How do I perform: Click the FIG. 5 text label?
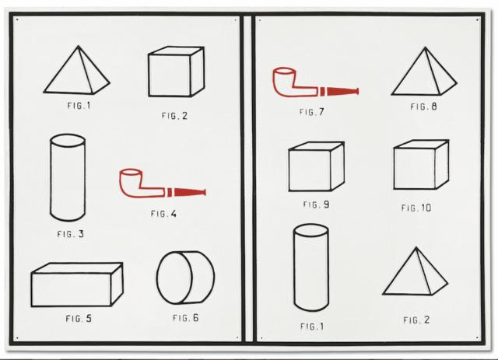click(79, 318)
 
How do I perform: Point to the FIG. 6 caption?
click(186, 317)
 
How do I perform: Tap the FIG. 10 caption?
click(416, 208)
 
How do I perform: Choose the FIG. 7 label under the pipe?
click(311, 112)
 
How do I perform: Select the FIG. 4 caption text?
click(163, 213)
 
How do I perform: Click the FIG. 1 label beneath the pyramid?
click(79, 106)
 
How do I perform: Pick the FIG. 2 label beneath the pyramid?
click(416, 320)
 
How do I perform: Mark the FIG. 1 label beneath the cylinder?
click(312, 326)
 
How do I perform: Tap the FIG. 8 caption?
click(423, 107)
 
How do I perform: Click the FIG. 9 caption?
click(317, 204)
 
